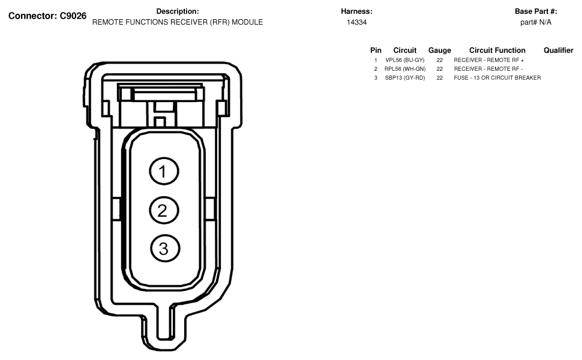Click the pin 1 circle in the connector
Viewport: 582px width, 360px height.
pos(164,171)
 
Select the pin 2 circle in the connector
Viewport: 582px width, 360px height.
pos(164,210)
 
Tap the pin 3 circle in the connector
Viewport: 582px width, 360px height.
pos(165,248)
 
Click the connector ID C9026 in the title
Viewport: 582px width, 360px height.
pos(73,16)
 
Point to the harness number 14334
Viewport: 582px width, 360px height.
pos(356,22)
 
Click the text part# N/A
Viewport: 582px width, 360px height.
pos(536,22)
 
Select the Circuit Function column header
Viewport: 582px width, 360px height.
pos(497,50)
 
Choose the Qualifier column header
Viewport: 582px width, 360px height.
pos(558,50)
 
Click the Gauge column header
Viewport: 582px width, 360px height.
pos(439,50)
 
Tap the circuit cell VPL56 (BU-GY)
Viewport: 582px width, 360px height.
pos(404,60)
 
